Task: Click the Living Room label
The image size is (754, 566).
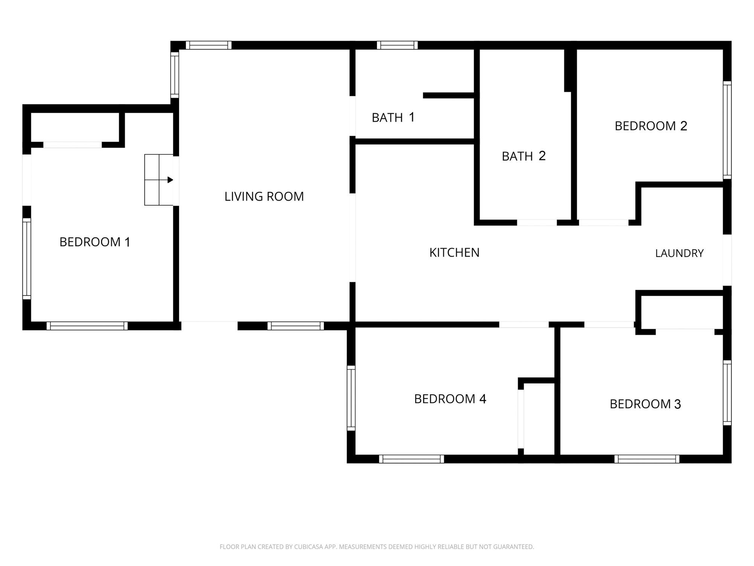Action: point(264,197)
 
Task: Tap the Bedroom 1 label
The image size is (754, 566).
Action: point(95,242)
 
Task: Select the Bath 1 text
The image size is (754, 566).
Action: point(393,117)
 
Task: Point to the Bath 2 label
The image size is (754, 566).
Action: point(524,156)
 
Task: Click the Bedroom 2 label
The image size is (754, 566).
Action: point(651,126)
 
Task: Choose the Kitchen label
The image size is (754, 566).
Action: point(454,252)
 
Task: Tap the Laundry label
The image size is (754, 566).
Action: point(679,253)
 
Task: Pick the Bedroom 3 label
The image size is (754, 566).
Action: point(645,404)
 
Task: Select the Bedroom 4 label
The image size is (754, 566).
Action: point(450,399)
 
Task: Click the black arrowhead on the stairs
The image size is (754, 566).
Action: point(170,180)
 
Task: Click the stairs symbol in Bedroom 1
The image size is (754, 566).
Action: point(159,180)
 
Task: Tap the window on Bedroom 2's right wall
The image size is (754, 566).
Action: point(727,130)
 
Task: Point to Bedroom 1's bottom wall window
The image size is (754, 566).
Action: point(87,326)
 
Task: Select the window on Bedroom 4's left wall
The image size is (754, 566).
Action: point(351,398)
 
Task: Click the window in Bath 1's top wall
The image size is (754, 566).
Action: point(397,45)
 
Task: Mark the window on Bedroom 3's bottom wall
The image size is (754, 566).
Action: point(647,459)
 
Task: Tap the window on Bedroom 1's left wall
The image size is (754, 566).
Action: point(26,259)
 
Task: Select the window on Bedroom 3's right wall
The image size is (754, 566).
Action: point(727,393)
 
